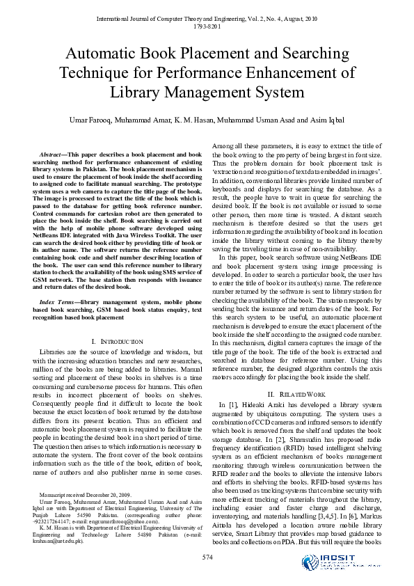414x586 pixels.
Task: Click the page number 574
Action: click(x=207, y=557)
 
